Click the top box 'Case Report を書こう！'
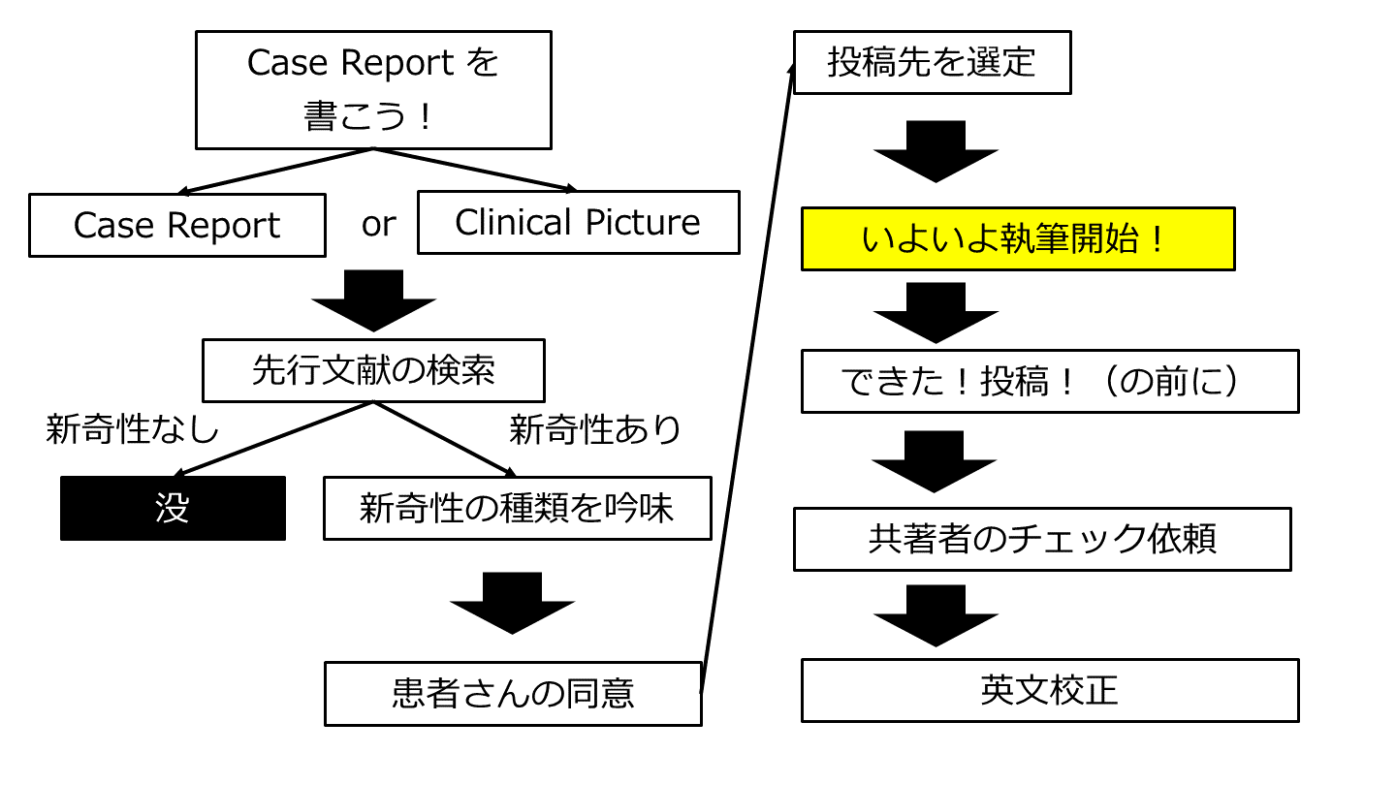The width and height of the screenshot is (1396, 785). (x=373, y=89)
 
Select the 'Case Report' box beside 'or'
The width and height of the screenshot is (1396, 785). (x=177, y=225)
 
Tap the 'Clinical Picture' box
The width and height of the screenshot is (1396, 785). (x=578, y=222)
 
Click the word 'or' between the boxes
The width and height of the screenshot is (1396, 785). (x=378, y=224)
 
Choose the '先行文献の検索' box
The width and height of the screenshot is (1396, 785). (x=373, y=370)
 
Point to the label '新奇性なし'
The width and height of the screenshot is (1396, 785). (x=133, y=429)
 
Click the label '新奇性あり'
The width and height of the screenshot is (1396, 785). (x=595, y=429)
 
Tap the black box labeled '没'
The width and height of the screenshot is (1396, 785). (x=173, y=508)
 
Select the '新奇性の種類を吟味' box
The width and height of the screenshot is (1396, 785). (x=517, y=508)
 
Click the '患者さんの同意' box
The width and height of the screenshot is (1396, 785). (x=513, y=693)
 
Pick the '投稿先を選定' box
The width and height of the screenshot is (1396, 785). (x=932, y=62)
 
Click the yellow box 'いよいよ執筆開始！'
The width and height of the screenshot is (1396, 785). (x=1017, y=238)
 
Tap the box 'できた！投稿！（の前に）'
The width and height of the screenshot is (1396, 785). (x=1049, y=381)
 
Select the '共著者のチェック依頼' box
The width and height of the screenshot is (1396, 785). (x=1042, y=539)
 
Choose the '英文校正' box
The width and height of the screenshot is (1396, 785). (x=1049, y=690)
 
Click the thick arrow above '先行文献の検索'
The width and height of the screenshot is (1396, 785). (x=373, y=300)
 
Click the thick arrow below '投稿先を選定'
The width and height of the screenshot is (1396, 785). (x=936, y=151)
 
